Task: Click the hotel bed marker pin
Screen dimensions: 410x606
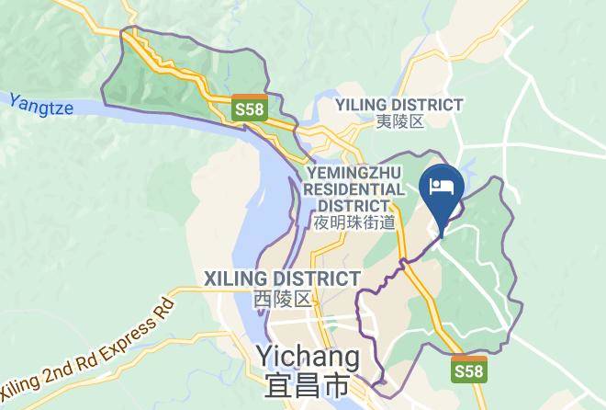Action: click(442, 191)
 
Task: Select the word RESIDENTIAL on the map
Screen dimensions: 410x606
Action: click(353, 188)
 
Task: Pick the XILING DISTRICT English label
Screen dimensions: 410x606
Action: click(281, 278)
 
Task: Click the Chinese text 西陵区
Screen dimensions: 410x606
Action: click(280, 297)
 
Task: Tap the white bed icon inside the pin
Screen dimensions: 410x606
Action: click(442, 183)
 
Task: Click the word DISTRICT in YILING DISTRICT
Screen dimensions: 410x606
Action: click(429, 105)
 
